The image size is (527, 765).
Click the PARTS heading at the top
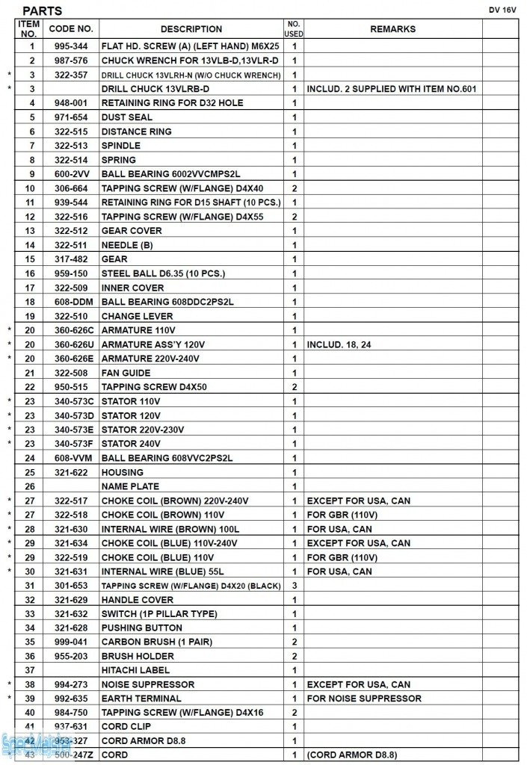(43, 11)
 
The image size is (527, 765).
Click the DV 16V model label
(502, 10)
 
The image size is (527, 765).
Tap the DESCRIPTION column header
(191, 29)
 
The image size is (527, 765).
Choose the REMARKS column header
(392, 29)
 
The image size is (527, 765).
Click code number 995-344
(71, 46)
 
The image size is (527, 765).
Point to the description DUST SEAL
(127, 117)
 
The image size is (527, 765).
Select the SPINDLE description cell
(121, 146)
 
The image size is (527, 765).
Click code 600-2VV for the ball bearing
(71, 174)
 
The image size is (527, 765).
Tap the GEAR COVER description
(132, 231)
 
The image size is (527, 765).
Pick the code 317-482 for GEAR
(71, 259)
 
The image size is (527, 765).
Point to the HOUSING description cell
(123, 472)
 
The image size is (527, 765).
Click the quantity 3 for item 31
(295, 586)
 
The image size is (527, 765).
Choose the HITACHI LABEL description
(135, 670)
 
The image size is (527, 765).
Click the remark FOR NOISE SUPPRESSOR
(364, 699)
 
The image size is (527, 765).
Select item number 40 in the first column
(31, 713)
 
